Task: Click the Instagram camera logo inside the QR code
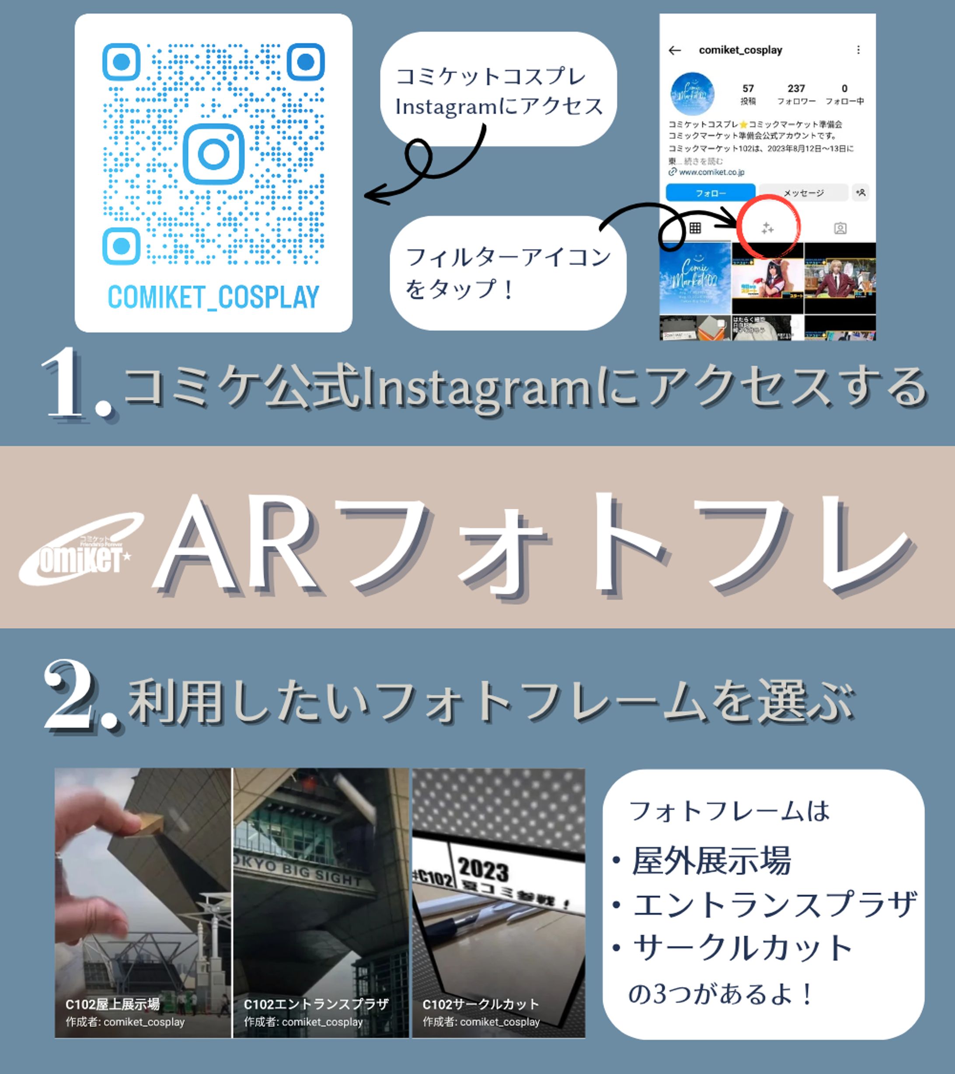[x=213, y=154]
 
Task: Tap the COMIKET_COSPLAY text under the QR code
[x=213, y=297]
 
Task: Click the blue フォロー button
[x=710, y=193]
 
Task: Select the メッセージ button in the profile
[x=803, y=193]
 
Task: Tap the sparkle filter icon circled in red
[x=767, y=228]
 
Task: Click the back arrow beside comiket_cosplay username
[x=674, y=50]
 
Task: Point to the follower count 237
[x=796, y=88]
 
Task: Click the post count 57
[x=748, y=88]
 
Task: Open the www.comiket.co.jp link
[x=711, y=172]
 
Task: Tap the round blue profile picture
[x=692, y=94]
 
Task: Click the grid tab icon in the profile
[x=695, y=228]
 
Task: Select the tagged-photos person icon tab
[x=840, y=228]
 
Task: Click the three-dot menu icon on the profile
[x=858, y=50]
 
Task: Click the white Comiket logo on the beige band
[x=79, y=549]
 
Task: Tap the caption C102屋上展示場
[x=112, y=1004]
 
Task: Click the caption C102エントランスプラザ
[x=316, y=1004]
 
